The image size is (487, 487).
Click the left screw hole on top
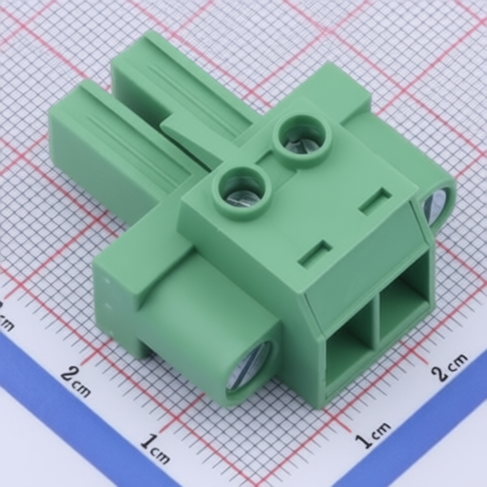tap(243, 193)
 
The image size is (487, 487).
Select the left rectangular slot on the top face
tap(315, 252)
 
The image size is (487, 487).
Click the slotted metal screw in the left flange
tap(249, 369)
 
